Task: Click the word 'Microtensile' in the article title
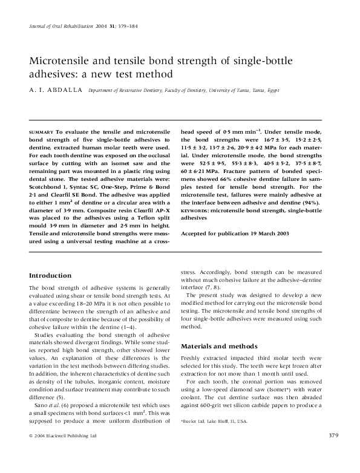pos(62,61)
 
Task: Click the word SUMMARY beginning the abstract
pos(41,131)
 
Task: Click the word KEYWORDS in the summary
pos(195,209)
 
